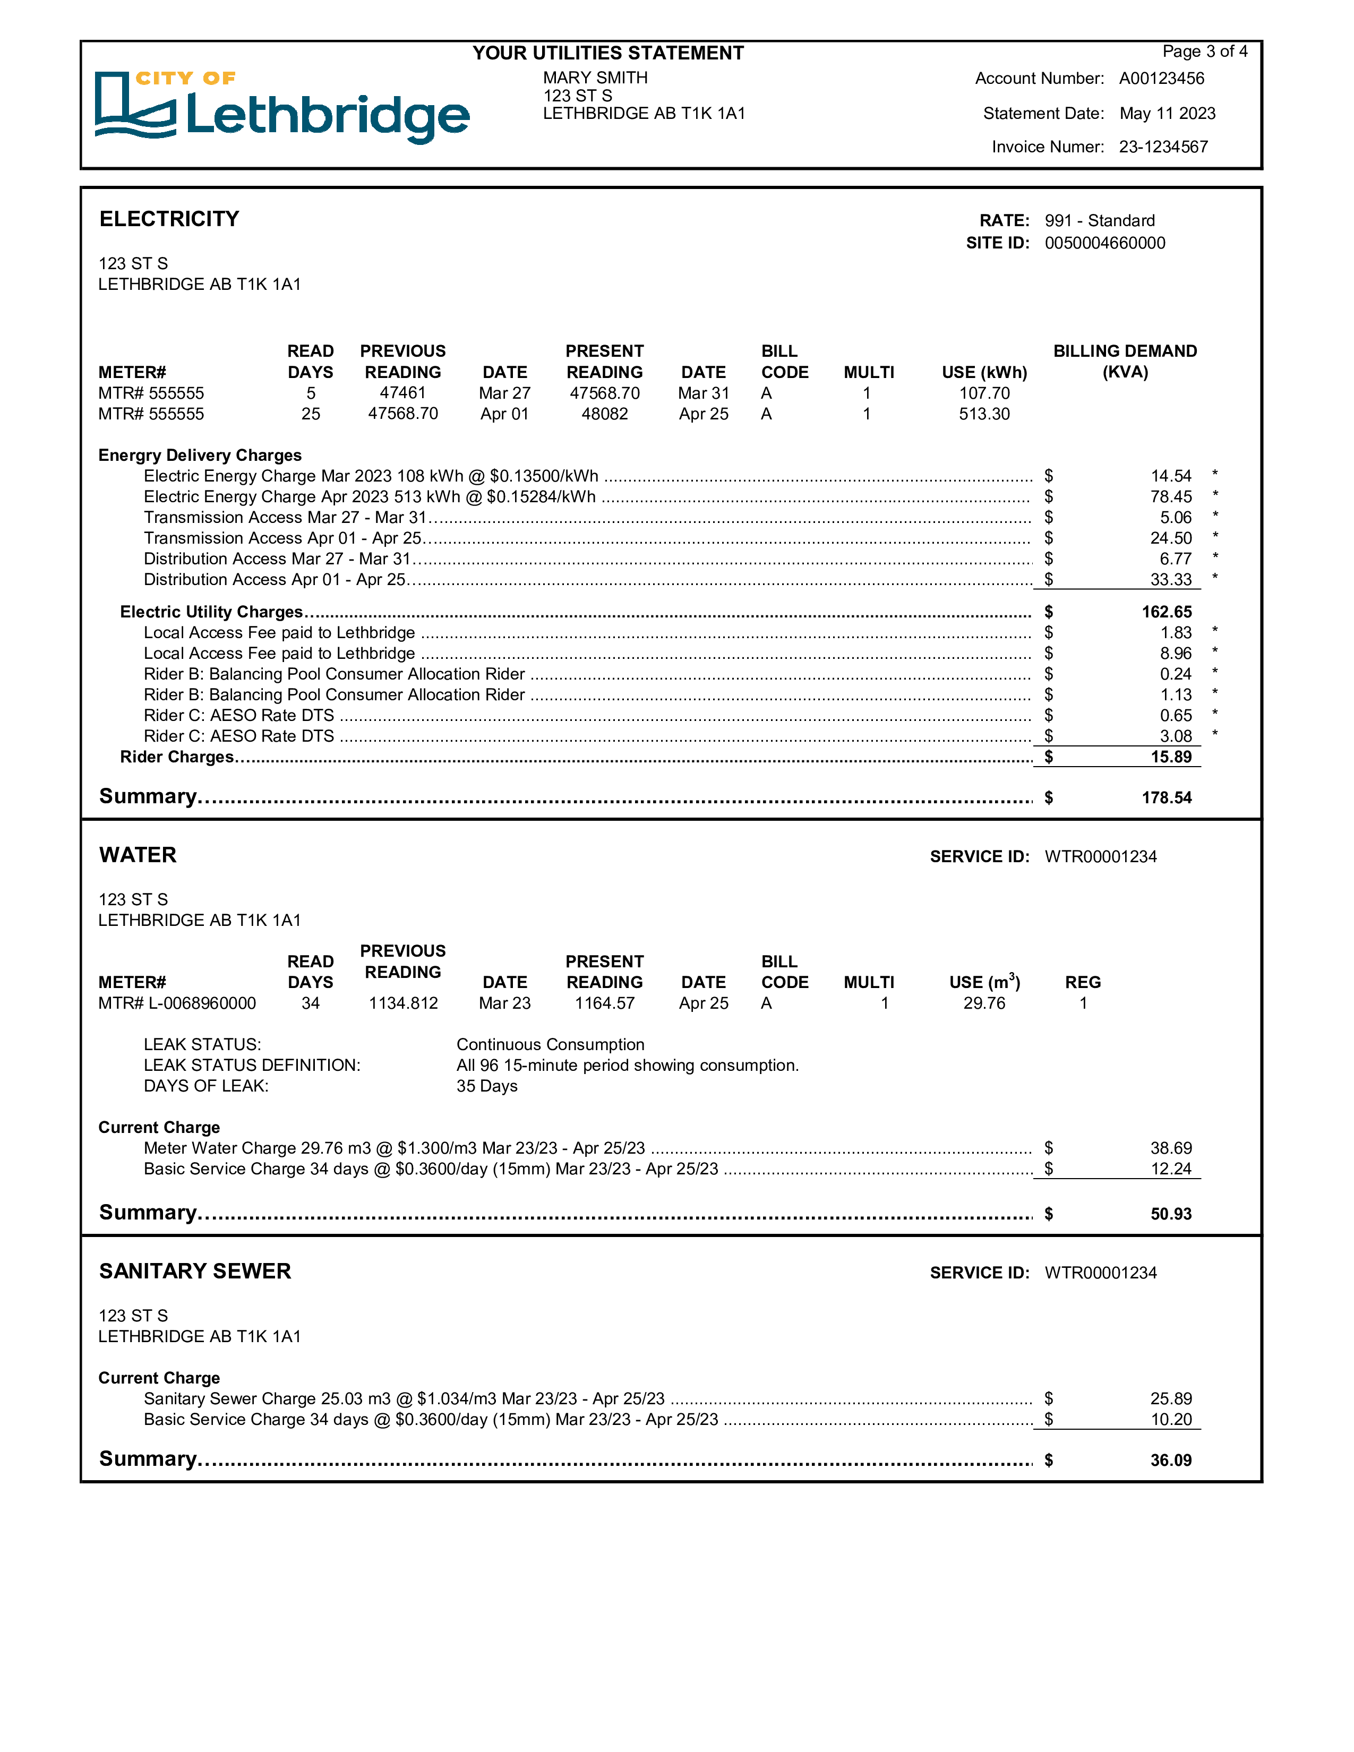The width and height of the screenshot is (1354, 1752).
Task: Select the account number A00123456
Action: [x=1161, y=79]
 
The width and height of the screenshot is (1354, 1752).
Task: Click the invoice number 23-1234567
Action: [x=1162, y=148]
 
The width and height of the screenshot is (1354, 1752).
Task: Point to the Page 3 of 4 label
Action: [x=1204, y=52]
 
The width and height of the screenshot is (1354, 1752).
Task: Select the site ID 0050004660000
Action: [x=1104, y=244]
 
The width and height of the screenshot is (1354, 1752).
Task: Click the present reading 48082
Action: [x=604, y=415]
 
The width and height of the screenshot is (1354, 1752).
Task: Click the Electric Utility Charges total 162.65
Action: [x=1167, y=613]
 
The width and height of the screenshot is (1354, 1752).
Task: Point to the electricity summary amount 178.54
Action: [x=1167, y=798]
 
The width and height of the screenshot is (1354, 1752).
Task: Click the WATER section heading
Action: [x=138, y=855]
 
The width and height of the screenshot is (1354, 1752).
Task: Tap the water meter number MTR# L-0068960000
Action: [x=176, y=1003]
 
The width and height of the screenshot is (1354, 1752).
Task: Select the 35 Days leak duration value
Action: [x=487, y=1087]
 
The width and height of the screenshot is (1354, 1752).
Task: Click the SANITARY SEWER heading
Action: [x=195, y=1272]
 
